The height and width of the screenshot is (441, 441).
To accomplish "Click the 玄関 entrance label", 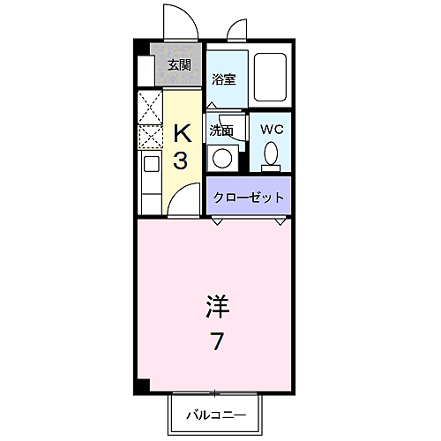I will (x=179, y=64).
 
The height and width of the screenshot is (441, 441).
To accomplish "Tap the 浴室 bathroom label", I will (x=224, y=79).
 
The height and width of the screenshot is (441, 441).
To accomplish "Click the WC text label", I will (x=271, y=129).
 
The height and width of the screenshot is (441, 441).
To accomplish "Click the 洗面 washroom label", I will (x=220, y=131).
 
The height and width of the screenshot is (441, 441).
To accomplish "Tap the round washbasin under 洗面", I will (x=222, y=160).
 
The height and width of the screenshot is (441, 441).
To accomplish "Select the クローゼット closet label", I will (x=250, y=198).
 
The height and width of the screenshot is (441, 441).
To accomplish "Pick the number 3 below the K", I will (x=180, y=161).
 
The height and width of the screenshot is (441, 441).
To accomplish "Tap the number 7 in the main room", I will (x=216, y=340).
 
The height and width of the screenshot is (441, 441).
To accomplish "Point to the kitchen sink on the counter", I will (x=148, y=166).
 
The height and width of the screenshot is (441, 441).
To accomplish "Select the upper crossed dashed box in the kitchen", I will (x=148, y=107).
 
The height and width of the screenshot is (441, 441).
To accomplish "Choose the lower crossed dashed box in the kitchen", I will (x=148, y=137).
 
